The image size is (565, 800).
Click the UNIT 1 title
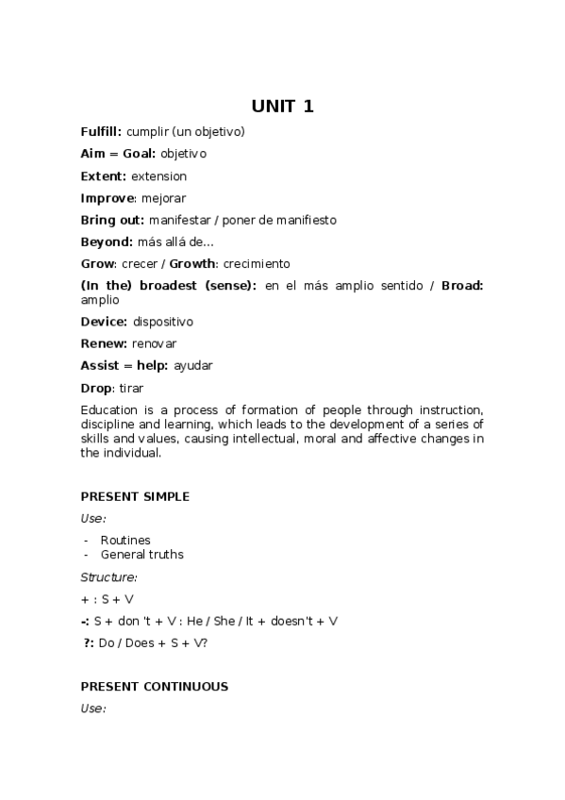(x=282, y=107)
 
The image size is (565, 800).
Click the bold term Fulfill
(x=101, y=132)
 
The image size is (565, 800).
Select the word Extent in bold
(x=103, y=176)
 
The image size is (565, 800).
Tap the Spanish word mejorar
(x=163, y=198)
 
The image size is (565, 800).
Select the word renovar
(x=155, y=343)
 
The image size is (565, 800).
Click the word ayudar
(x=193, y=365)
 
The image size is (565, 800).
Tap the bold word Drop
(x=96, y=388)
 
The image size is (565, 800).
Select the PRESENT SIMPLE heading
(x=135, y=496)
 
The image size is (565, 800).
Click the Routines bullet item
(x=125, y=541)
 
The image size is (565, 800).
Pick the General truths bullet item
(x=141, y=555)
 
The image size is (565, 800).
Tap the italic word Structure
(x=108, y=576)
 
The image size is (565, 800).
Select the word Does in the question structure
(x=142, y=642)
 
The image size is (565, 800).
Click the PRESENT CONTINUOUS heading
(x=154, y=687)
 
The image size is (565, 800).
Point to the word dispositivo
(x=163, y=322)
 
